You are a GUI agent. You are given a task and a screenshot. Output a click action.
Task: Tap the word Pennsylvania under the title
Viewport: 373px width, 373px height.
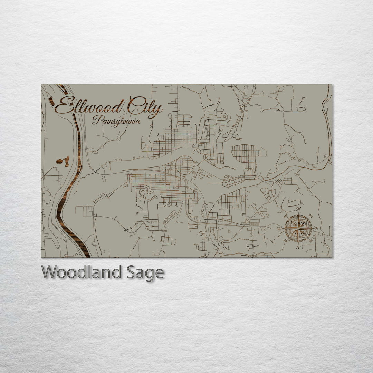pyautogui.click(x=116, y=121)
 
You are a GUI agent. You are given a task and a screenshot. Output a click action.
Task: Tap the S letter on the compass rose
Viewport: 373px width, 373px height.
pyautogui.click(x=298, y=247)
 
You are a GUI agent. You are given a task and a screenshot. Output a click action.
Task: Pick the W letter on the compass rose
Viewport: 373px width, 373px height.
pyautogui.click(x=279, y=228)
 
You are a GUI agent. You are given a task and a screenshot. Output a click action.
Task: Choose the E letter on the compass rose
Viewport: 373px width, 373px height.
pyautogui.click(x=317, y=228)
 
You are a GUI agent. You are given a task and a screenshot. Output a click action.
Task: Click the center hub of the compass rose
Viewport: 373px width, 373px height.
pyautogui.click(x=298, y=228)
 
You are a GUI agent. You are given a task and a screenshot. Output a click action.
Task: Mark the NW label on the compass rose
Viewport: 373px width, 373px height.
pyautogui.click(x=285, y=216)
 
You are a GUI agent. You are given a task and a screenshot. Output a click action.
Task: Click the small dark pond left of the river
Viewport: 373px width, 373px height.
pyautogui.click(x=63, y=161)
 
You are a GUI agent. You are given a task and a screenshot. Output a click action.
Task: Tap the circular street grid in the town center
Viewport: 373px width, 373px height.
pyautogui.click(x=185, y=165)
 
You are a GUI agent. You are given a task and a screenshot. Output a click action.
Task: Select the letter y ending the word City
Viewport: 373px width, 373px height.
pyautogui.click(x=157, y=110)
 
